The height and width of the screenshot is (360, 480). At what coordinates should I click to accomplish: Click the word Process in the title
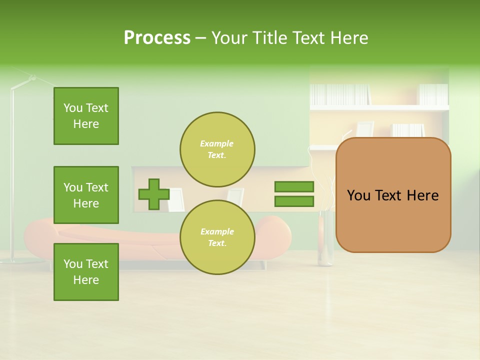click(157, 38)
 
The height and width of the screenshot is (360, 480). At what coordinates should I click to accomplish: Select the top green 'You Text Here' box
click(86, 116)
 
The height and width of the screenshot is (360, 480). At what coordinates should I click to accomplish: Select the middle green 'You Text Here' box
click(86, 195)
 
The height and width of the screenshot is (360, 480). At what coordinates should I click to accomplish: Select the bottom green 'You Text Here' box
click(86, 272)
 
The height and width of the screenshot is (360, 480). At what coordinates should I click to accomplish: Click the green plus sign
click(154, 194)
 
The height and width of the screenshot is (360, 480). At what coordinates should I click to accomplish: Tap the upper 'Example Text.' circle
click(217, 149)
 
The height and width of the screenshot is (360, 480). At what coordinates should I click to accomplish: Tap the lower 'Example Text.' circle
click(217, 237)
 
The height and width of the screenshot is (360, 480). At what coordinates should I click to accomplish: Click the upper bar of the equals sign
click(294, 187)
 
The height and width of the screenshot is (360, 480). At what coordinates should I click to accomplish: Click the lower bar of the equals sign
click(294, 201)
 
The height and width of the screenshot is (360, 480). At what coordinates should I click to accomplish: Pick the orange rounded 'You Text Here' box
click(393, 195)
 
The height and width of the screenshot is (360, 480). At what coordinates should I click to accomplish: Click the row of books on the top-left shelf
click(340, 94)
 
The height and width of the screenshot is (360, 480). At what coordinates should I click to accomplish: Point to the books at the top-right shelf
click(433, 94)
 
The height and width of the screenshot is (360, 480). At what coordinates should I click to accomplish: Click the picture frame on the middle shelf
click(365, 128)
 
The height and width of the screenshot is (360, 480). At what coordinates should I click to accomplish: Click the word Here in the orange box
click(422, 195)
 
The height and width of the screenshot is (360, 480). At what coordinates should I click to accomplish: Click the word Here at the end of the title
click(349, 38)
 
